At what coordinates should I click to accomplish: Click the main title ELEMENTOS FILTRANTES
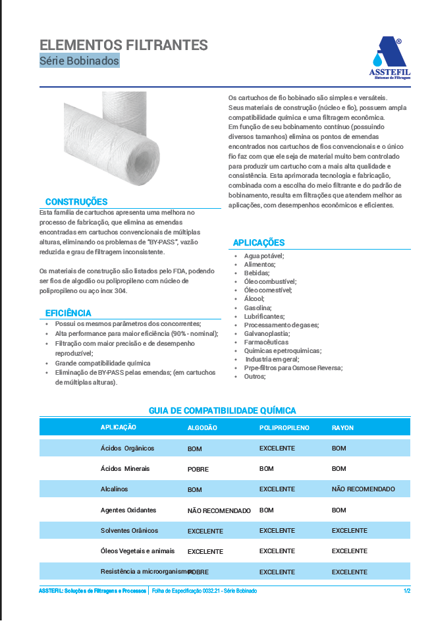click(x=124, y=45)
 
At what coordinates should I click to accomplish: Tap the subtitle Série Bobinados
click(x=79, y=61)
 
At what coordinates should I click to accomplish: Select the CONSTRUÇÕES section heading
click(x=76, y=202)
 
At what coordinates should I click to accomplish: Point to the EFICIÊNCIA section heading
click(x=68, y=313)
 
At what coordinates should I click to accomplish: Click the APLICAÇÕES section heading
click(x=259, y=243)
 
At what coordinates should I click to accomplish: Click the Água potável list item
click(x=264, y=256)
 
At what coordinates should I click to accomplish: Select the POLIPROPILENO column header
click(x=284, y=427)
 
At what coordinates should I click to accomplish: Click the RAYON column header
click(x=342, y=427)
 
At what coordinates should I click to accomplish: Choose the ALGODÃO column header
click(x=202, y=427)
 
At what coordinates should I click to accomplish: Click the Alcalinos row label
click(x=114, y=489)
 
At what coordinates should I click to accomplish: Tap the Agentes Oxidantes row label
click(x=128, y=510)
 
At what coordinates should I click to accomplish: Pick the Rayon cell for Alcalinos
click(x=363, y=489)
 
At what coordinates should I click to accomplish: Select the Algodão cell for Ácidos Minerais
click(x=198, y=470)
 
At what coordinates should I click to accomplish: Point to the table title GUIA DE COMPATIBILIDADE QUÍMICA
click(x=222, y=410)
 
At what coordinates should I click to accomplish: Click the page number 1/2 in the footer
click(x=407, y=591)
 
